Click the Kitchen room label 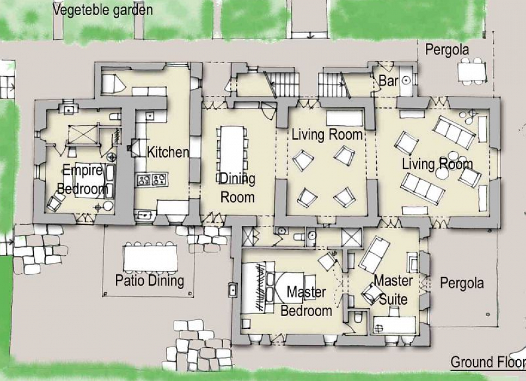[168, 152]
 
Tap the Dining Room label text [237, 188]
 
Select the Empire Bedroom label [83, 180]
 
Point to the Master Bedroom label [306, 301]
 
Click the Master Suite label [393, 290]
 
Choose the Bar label [388, 81]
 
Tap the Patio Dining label [150, 280]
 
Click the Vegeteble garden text [103, 10]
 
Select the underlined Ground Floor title [488, 362]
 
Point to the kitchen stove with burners [152, 180]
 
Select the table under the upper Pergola [472, 71]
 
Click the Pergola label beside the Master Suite [462, 284]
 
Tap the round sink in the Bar [406, 80]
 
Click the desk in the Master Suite [394, 324]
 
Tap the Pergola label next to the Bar [447, 50]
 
